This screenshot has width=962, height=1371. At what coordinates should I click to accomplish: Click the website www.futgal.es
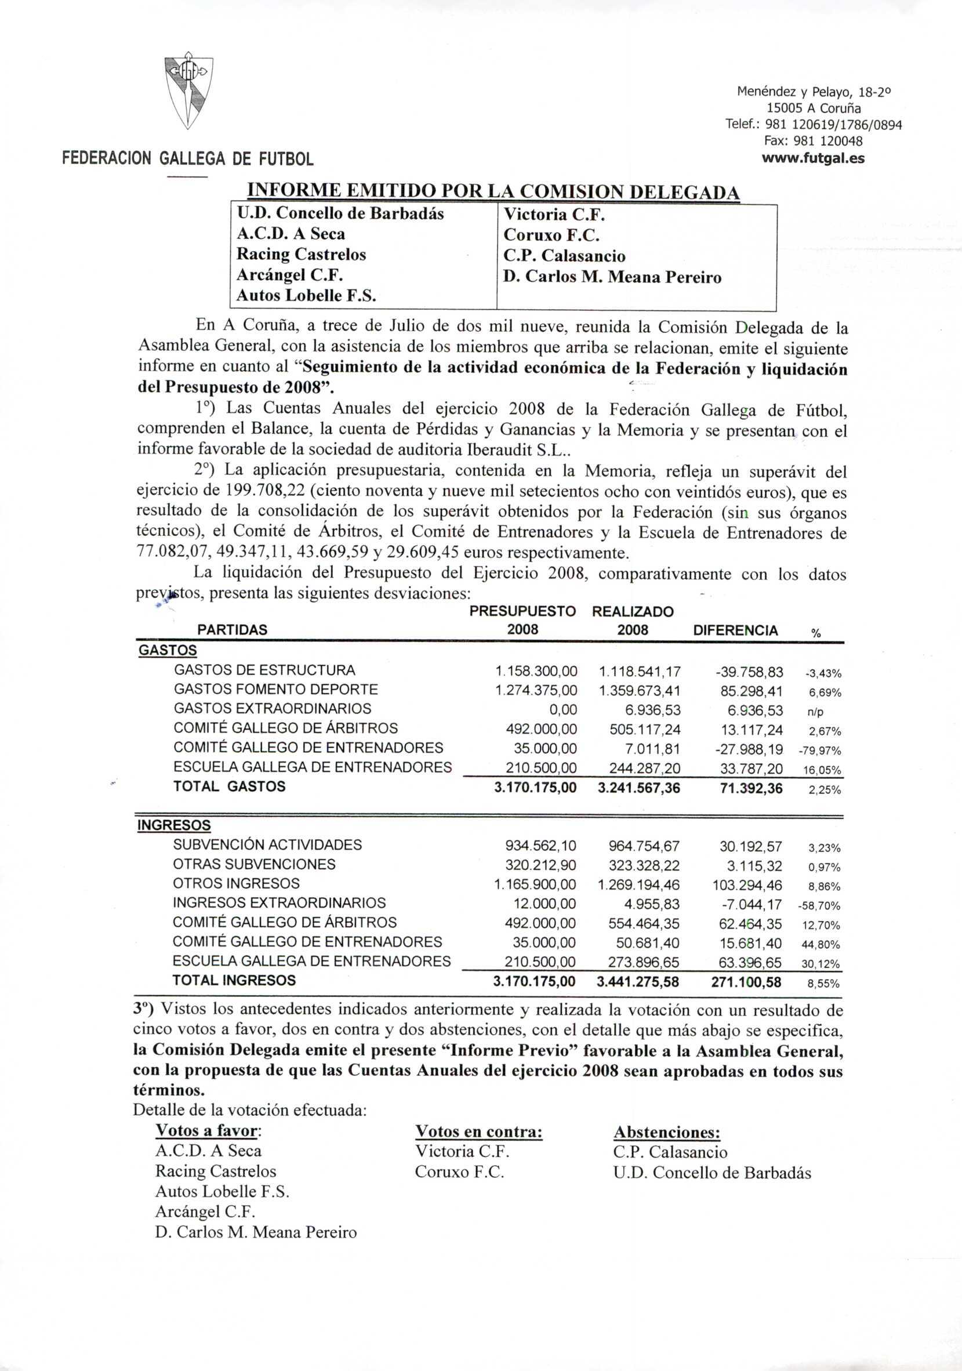[x=814, y=158]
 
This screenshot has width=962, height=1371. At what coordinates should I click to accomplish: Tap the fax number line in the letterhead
[x=814, y=142]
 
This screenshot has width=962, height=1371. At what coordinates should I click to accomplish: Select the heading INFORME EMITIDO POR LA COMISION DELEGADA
[x=493, y=193]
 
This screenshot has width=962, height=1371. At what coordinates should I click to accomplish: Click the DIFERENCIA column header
[x=735, y=630]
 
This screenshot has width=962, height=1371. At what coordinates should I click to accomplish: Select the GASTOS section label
[x=168, y=650]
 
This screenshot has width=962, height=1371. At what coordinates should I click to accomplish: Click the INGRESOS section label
[x=174, y=826]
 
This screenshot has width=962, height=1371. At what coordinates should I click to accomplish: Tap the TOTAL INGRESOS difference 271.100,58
[x=746, y=982]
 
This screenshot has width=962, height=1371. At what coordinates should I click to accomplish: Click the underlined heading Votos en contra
[x=478, y=1132]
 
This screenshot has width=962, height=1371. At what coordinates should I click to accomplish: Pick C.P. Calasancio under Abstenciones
[x=670, y=1152]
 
